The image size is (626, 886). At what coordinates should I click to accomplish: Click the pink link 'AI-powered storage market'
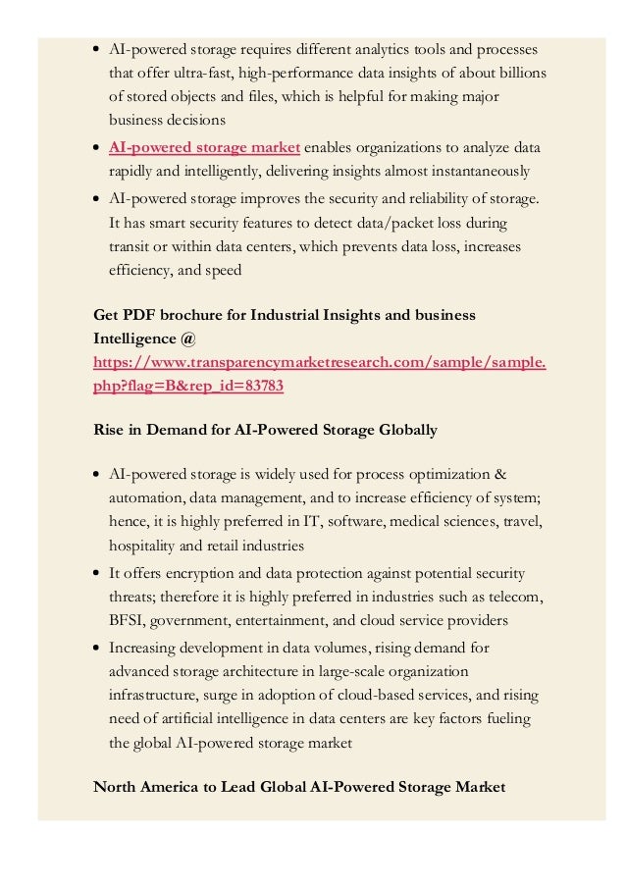[204, 148]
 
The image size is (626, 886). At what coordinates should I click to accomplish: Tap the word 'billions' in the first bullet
[521, 73]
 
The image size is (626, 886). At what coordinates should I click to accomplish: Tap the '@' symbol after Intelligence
[188, 339]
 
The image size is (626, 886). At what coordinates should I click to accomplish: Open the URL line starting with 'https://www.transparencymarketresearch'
[320, 362]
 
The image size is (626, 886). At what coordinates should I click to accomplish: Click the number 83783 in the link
[263, 386]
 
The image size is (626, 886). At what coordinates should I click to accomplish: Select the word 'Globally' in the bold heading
[406, 430]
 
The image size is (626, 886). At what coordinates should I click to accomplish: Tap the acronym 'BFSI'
[129, 620]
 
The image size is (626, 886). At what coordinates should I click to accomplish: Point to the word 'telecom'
[518, 597]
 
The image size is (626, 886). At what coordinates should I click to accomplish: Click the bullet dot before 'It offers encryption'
[98, 574]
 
